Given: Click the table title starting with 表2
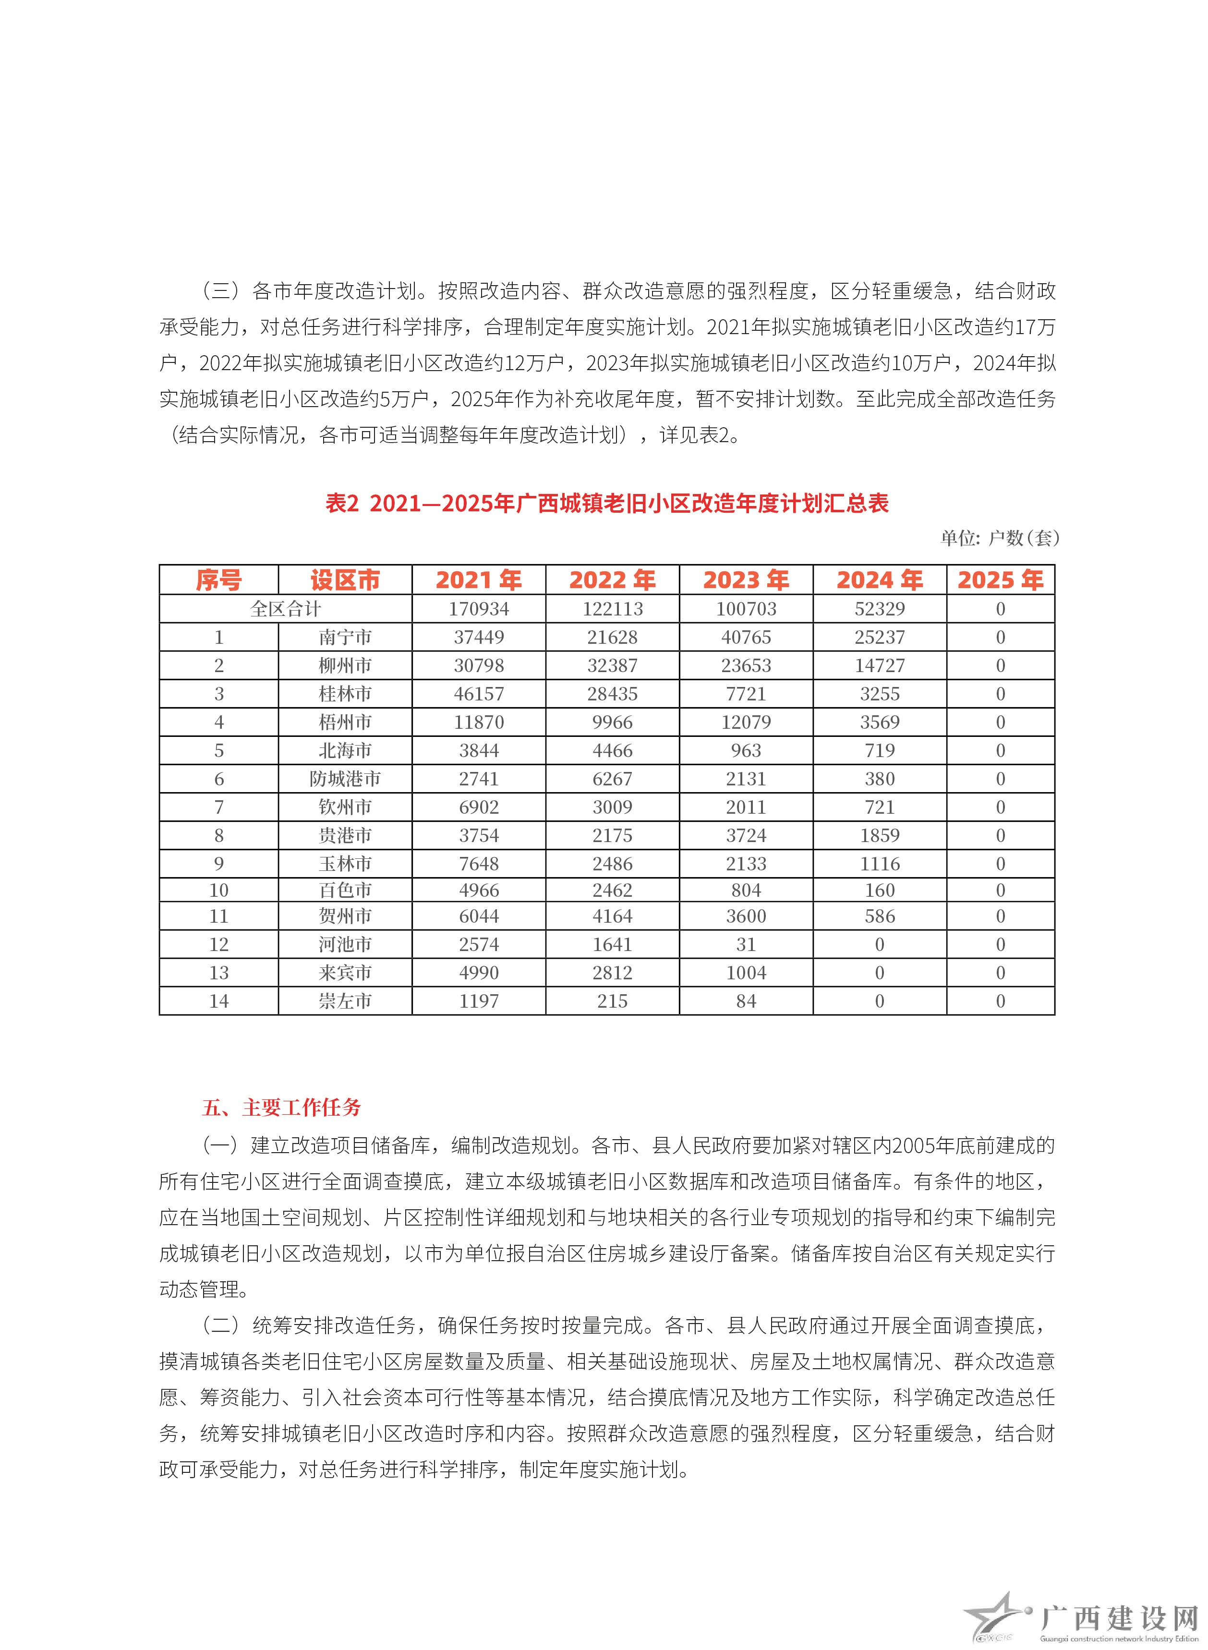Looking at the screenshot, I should point(606,504).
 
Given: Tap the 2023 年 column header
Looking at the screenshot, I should point(745,580).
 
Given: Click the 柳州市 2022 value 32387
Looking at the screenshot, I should point(612,666).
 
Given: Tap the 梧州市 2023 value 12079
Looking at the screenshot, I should point(745,723).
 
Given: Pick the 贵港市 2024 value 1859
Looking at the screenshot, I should point(879,836).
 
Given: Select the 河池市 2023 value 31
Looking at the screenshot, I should point(745,944).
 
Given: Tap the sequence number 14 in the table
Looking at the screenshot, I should point(218,1001).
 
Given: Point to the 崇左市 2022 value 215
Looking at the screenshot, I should point(612,1001).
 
